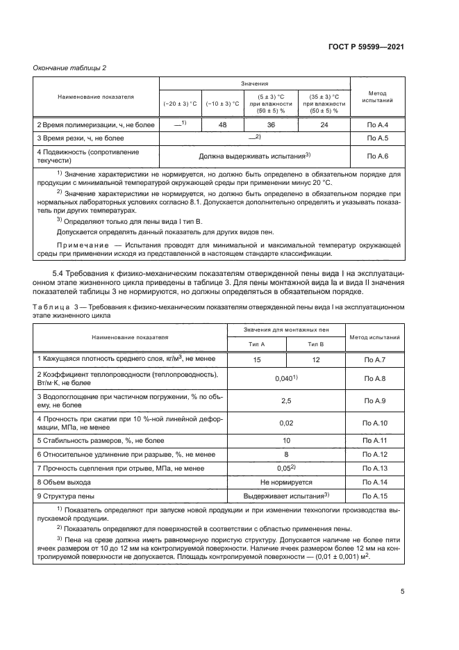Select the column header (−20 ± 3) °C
pyautogui.click(x=180, y=104)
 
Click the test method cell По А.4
pyautogui.click(x=377, y=124)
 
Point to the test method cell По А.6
pyautogui.click(x=377, y=156)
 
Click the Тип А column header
pyautogui.click(x=257, y=343)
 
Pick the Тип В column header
pyautogui.click(x=316, y=343)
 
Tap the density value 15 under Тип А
pyautogui.click(x=257, y=359)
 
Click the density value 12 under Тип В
pyautogui.click(x=316, y=359)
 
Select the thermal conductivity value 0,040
pyautogui.click(x=285, y=379)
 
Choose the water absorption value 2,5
pyautogui.click(x=285, y=401)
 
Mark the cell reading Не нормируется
pyautogui.click(x=286, y=481)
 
